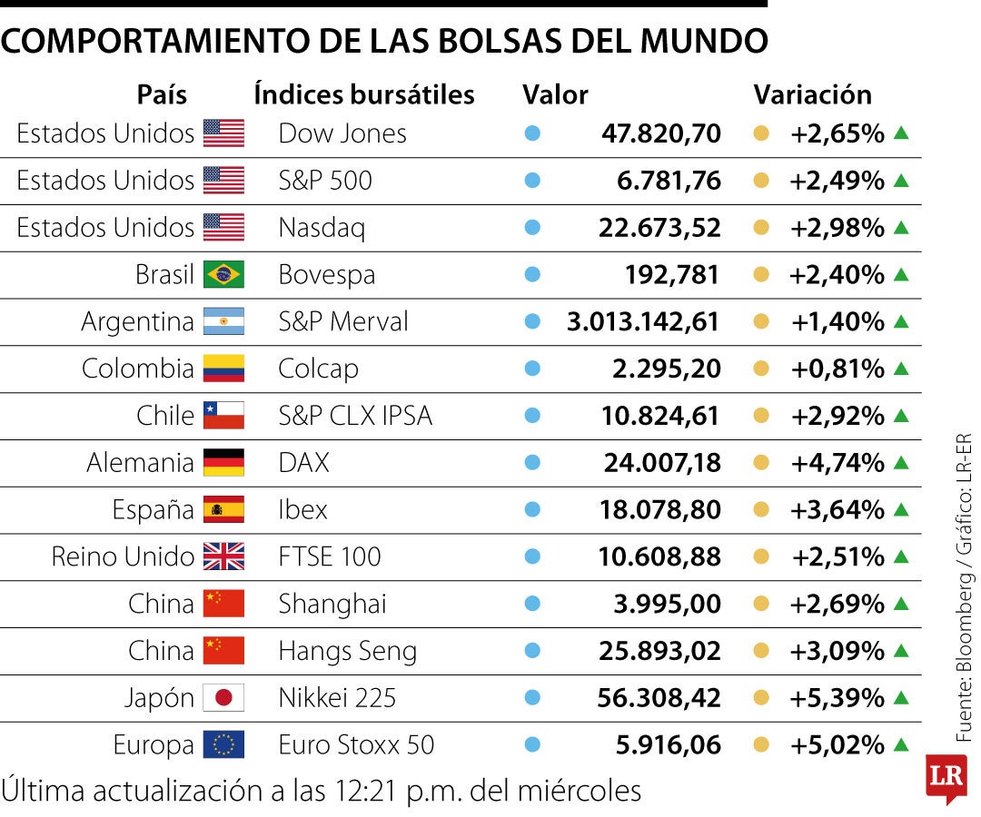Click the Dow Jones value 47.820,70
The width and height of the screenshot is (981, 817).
pos(660,133)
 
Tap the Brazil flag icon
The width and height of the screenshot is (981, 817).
pos(223,274)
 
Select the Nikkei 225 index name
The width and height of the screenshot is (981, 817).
pos(337,698)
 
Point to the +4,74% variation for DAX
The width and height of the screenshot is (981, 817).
pos(837,463)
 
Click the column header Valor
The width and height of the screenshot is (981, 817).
pos(555,94)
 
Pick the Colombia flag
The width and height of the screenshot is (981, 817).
pos(223,369)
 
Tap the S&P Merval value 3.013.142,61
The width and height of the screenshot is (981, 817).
pos(643,321)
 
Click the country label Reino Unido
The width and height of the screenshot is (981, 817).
pos(123,556)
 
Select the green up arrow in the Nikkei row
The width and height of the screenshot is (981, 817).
pos(900,697)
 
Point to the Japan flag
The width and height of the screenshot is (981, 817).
pos(223,698)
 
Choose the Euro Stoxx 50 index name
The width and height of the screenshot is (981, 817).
pos(356,745)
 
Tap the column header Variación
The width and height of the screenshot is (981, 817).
pos(812,94)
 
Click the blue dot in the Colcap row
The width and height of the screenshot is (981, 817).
pos(532,369)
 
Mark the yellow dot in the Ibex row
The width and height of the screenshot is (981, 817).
pos(762,509)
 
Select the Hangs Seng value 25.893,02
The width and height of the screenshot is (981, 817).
pos(659,651)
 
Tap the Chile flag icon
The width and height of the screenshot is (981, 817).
pos(223,416)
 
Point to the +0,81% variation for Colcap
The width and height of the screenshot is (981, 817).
pos(837,369)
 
